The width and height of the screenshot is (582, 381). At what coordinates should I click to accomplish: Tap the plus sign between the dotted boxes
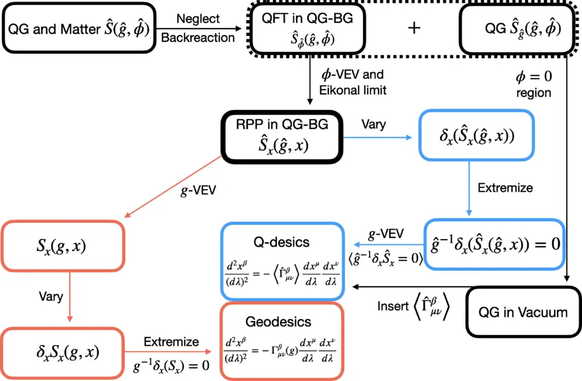pos(414,29)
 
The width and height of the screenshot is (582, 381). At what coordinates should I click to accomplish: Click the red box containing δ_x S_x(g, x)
pos(64,351)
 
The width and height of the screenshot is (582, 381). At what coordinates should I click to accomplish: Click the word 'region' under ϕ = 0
pos(533,93)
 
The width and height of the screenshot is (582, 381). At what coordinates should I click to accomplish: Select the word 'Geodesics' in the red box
pos(282,322)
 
